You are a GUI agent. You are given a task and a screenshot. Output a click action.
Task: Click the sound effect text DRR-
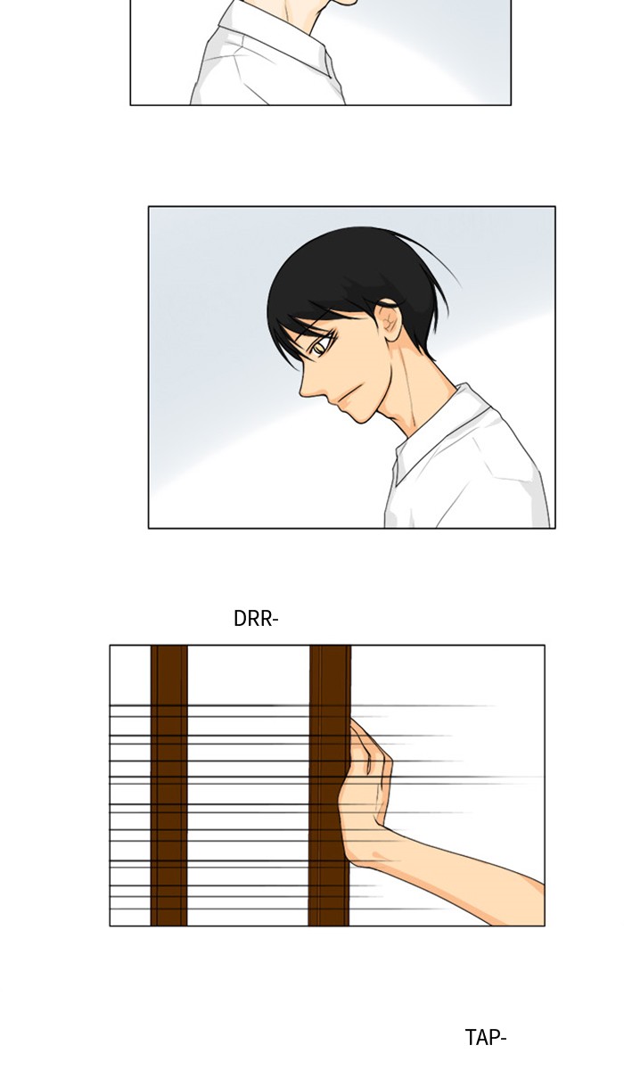256,619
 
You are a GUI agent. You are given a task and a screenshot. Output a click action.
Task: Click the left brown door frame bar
169,786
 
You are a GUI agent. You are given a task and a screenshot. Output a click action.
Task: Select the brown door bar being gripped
330,786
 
